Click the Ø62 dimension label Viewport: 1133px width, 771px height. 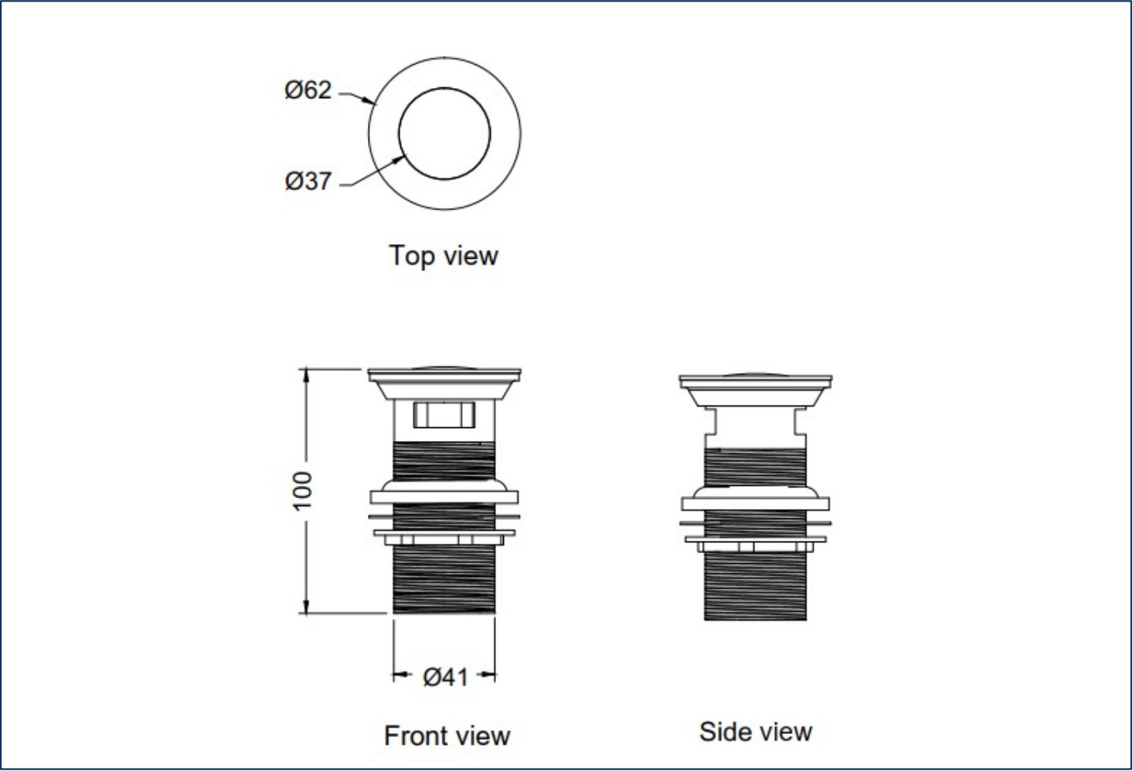click(308, 90)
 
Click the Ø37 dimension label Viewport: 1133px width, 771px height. click(308, 181)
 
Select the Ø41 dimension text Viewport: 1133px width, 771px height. click(446, 677)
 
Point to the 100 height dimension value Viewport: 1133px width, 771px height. click(303, 489)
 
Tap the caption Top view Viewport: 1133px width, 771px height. click(444, 255)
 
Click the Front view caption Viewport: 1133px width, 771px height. click(447, 735)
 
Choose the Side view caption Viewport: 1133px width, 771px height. click(755, 731)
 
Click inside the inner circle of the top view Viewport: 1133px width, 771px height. click(444, 134)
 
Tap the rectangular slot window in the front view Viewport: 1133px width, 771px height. click(444, 414)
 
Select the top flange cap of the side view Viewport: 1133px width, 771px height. click(755, 383)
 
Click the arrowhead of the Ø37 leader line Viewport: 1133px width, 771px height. click(402, 158)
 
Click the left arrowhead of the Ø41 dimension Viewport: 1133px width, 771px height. click(399, 677)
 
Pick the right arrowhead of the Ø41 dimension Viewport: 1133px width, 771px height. click(489, 677)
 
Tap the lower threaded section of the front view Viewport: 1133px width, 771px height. click(444, 579)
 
